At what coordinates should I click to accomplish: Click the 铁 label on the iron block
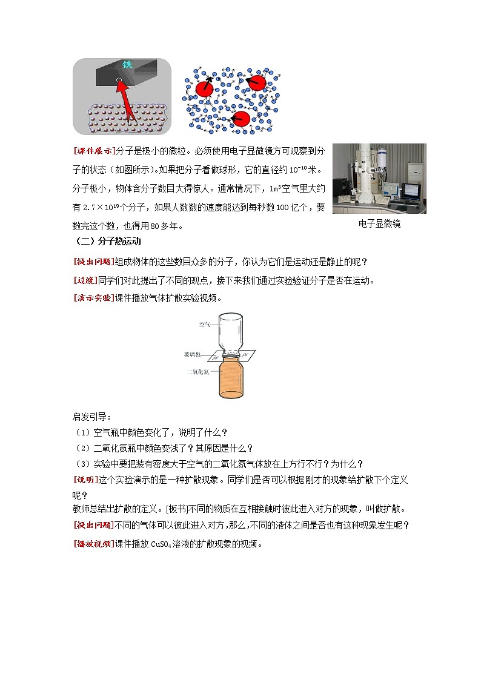click(127, 64)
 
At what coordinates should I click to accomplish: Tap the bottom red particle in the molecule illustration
click(241, 119)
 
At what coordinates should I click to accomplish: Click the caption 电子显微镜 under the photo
click(379, 224)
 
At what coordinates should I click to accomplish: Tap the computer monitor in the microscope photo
click(410, 190)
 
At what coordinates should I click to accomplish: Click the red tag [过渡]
click(85, 280)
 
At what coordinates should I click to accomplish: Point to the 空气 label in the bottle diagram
click(205, 325)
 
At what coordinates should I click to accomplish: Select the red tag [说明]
click(85, 480)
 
